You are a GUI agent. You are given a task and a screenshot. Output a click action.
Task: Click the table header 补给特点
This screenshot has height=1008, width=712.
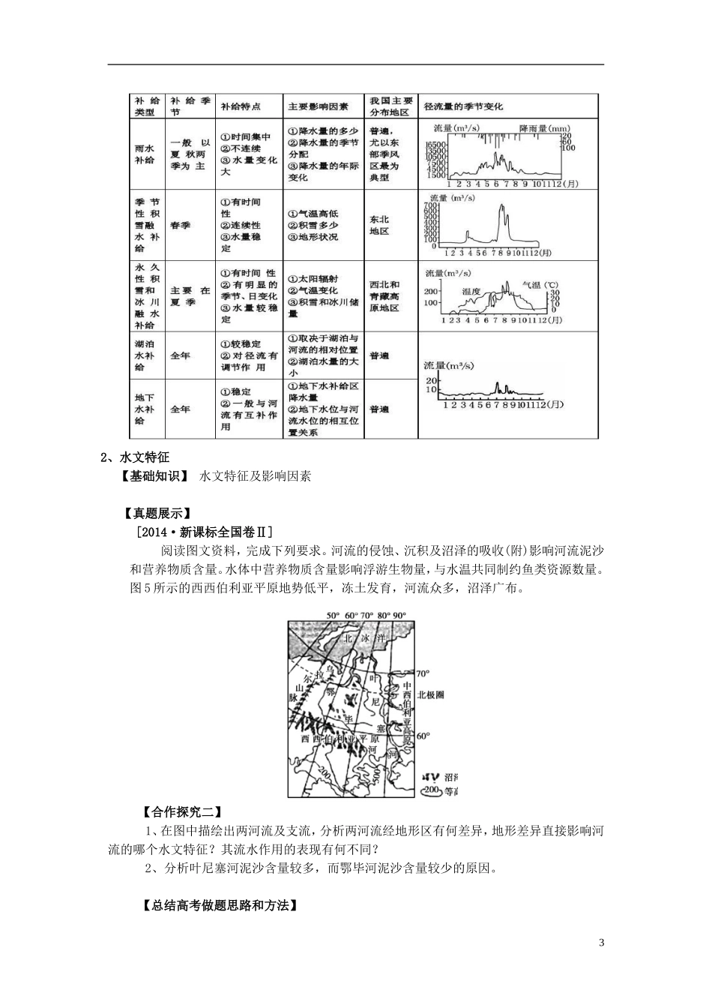click(240, 106)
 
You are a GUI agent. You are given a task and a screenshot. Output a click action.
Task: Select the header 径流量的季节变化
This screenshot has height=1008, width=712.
click(463, 106)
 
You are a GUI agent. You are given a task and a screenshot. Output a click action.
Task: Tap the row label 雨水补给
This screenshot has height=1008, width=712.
click(142, 154)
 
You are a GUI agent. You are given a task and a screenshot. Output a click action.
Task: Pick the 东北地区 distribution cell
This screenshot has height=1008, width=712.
click(379, 225)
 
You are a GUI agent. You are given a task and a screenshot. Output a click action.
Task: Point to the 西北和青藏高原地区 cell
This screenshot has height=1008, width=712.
click(384, 296)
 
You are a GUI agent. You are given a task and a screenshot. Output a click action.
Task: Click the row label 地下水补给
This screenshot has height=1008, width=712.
click(143, 409)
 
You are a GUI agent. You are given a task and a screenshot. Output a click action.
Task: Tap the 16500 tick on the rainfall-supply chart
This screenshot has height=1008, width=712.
click(435, 145)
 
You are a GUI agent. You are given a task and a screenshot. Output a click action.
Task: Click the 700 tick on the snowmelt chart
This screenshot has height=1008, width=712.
click(430, 205)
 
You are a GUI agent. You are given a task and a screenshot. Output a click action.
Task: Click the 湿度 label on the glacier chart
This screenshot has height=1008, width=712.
click(471, 291)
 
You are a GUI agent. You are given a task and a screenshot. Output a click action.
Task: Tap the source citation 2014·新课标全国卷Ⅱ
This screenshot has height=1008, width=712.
click(202, 532)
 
